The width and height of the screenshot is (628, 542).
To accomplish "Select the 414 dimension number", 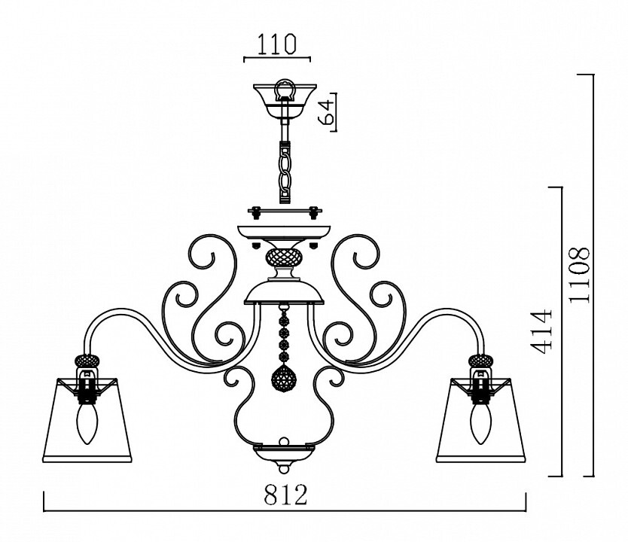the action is [543, 331].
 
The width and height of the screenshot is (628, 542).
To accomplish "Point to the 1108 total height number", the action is [580, 275].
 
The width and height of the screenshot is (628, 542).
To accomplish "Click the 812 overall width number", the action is [285, 495].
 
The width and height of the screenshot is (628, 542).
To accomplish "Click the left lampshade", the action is [87, 420].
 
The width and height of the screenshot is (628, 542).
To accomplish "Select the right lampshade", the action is [480, 420].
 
